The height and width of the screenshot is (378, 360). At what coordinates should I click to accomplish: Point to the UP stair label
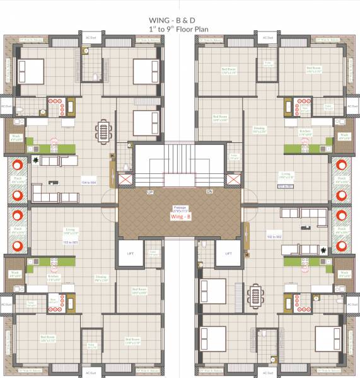pos(150,192)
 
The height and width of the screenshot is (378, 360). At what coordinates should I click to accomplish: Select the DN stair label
pos(209,192)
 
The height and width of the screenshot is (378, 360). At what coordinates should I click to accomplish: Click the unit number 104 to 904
pos(88,182)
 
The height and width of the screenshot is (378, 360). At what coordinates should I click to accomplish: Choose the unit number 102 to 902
pos(274,237)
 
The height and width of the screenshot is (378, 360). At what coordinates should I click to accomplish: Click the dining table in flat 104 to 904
pos(103,132)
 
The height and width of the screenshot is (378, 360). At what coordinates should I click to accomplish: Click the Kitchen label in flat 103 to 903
pos(54,277)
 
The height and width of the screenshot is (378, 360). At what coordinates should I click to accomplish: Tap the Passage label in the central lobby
pos(180,207)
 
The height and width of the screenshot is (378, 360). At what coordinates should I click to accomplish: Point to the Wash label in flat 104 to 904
pos(16,135)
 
